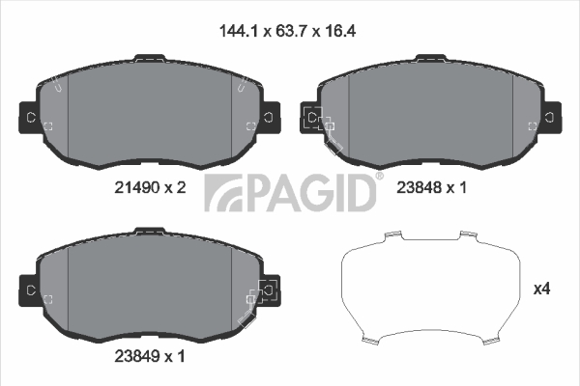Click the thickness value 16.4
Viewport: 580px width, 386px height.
coord(340,31)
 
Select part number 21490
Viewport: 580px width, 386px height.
coord(136,187)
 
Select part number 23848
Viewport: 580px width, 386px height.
coord(420,187)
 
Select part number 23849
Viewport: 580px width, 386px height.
coord(137,356)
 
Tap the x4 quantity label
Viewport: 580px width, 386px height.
coord(541,289)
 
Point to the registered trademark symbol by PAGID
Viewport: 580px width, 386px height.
coord(380,176)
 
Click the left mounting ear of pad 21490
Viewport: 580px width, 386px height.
coord(29,118)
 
